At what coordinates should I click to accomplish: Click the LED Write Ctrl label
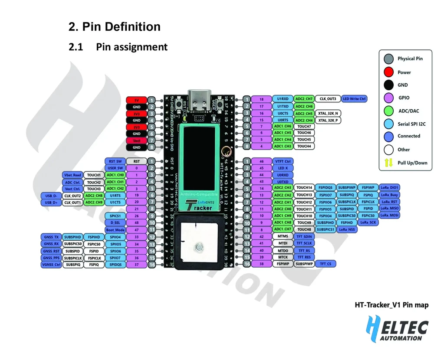355,99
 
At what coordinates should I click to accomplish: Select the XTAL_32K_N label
328,113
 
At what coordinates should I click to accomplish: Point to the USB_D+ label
51,203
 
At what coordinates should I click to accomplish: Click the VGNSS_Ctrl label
51,265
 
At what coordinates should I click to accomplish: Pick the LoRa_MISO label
389,208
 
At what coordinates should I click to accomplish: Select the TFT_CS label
325,264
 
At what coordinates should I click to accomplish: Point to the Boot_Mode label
115,229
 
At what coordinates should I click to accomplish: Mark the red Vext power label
136,141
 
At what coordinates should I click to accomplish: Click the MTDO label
283,250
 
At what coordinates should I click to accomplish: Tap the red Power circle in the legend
389,72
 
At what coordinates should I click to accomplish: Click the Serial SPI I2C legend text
411,124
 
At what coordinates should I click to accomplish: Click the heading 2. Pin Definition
115,27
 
